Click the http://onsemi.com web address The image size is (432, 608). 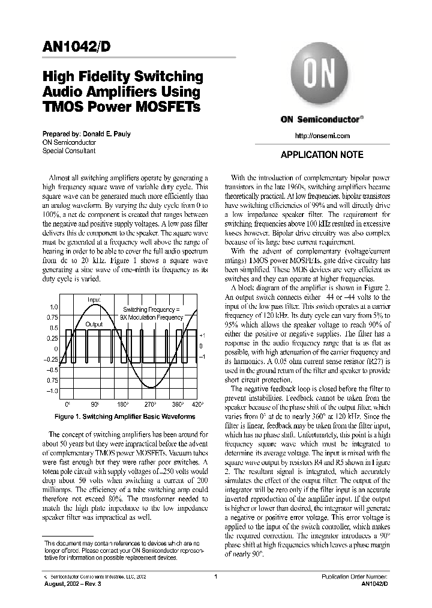tap(322, 136)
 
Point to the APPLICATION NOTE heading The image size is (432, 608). tap(322, 155)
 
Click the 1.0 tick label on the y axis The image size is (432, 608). tap(53, 307)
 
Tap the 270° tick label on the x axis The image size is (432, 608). tap(150, 406)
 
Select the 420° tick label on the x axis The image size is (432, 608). tap(198, 406)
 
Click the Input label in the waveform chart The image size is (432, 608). tap(94, 299)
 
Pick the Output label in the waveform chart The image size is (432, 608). tap(94, 324)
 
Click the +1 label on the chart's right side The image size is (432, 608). tap(202, 335)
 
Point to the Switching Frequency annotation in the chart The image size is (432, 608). tap(151, 309)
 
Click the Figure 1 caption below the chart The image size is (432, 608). tap(125, 416)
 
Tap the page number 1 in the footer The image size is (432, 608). tap(215, 576)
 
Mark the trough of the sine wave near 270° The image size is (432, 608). tap(149, 391)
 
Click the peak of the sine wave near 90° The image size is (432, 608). tap(95, 305)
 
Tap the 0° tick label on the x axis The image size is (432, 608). tap(67, 406)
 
